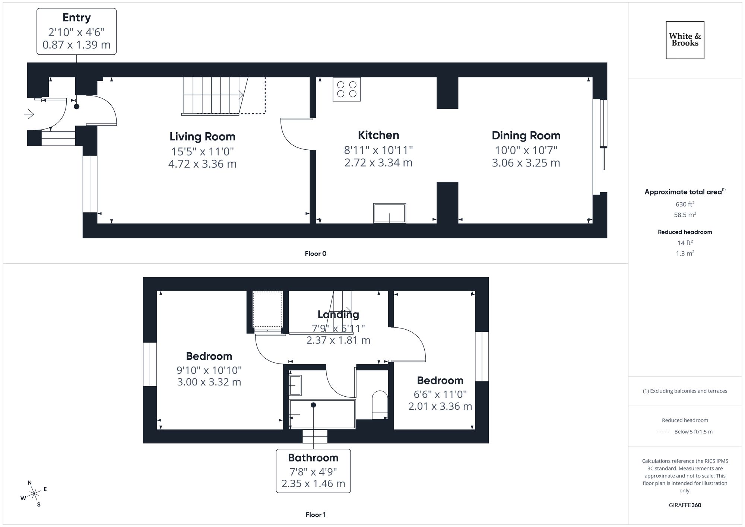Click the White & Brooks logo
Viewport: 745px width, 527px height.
click(685, 40)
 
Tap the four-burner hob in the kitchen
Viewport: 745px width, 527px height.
click(346, 89)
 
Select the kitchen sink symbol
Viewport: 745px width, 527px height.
click(389, 213)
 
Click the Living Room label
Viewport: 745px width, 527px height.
click(202, 137)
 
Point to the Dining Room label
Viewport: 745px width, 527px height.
click(526, 136)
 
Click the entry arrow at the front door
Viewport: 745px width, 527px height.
click(29, 114)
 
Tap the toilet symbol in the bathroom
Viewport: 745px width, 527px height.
click(380, 404)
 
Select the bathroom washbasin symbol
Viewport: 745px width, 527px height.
click(295, 385)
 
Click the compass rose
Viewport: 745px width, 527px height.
click(34, 494)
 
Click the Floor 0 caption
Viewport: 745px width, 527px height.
click(315, 254)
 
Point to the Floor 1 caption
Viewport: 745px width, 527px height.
click(315, 515)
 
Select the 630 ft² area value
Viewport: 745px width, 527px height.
click(685, 204)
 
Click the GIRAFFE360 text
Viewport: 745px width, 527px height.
click(685, 505)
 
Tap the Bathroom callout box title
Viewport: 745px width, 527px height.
click(313, 458)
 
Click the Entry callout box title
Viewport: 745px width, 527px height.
click(76, 18)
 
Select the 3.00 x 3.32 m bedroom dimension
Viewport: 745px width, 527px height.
click(209, 382)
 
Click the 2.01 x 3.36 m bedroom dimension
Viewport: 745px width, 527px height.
click(440, 406)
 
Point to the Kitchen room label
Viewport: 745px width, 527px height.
click(378, 135)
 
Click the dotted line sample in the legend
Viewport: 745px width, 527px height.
click(664, 432)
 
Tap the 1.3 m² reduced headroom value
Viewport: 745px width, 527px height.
click(685, 253)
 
